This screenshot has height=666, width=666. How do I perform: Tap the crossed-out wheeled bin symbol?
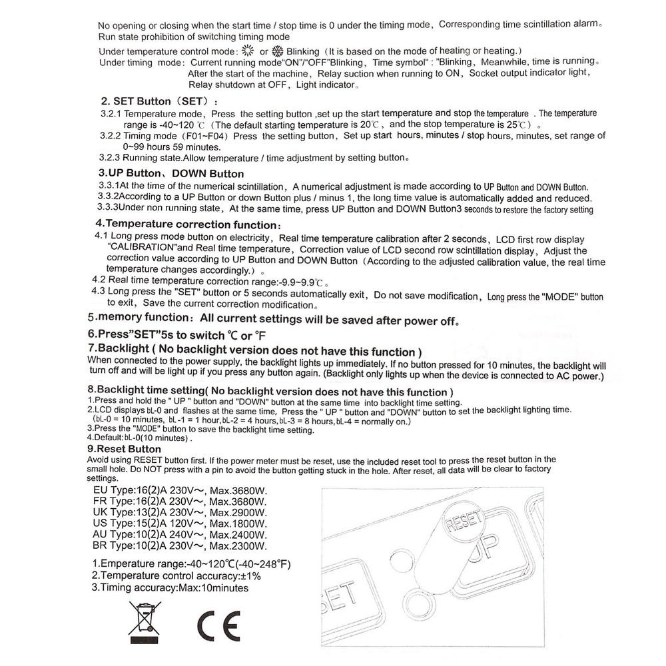pos(145,619)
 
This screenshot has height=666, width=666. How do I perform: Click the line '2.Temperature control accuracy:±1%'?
pos(176,575)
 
